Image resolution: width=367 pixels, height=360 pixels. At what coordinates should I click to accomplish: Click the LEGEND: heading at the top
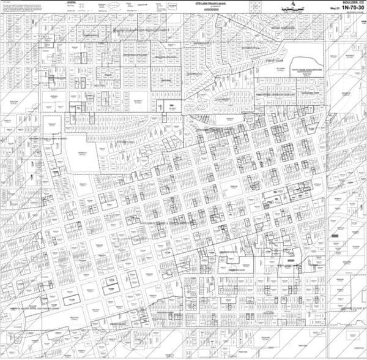pyautogui.click(x=79, y=2)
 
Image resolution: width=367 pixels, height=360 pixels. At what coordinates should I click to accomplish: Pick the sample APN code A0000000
pyautogui.click(x=202, y=9)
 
